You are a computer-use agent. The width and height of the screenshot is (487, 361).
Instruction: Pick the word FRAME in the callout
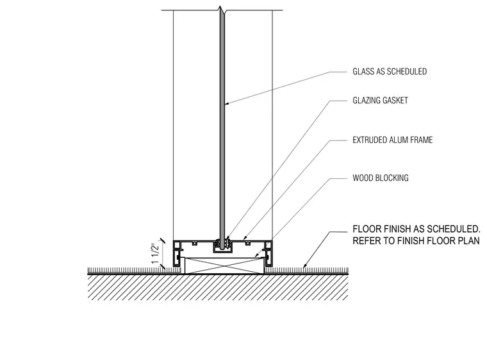click(x=422, y=140)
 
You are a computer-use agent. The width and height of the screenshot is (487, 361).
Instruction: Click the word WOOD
click(x=363, y=178)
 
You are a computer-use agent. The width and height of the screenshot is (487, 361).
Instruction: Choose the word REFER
click(x=366, y=240)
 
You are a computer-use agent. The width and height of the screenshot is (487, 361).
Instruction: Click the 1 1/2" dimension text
click(x=155, y=254)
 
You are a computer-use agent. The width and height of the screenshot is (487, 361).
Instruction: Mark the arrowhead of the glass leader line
click(x=226, y=103)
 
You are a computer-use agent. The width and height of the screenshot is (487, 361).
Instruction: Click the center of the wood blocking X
click(x=224, y=265)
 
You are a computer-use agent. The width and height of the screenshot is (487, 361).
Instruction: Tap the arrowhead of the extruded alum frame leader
click(x=245, y=239)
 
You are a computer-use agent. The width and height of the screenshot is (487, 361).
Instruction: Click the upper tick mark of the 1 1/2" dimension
click(x=162, y=240)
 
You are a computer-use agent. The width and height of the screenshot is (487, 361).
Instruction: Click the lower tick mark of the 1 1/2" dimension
click(x=162, y=266)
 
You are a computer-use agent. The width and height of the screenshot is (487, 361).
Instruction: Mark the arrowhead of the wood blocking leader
click(x=256, y=256)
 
